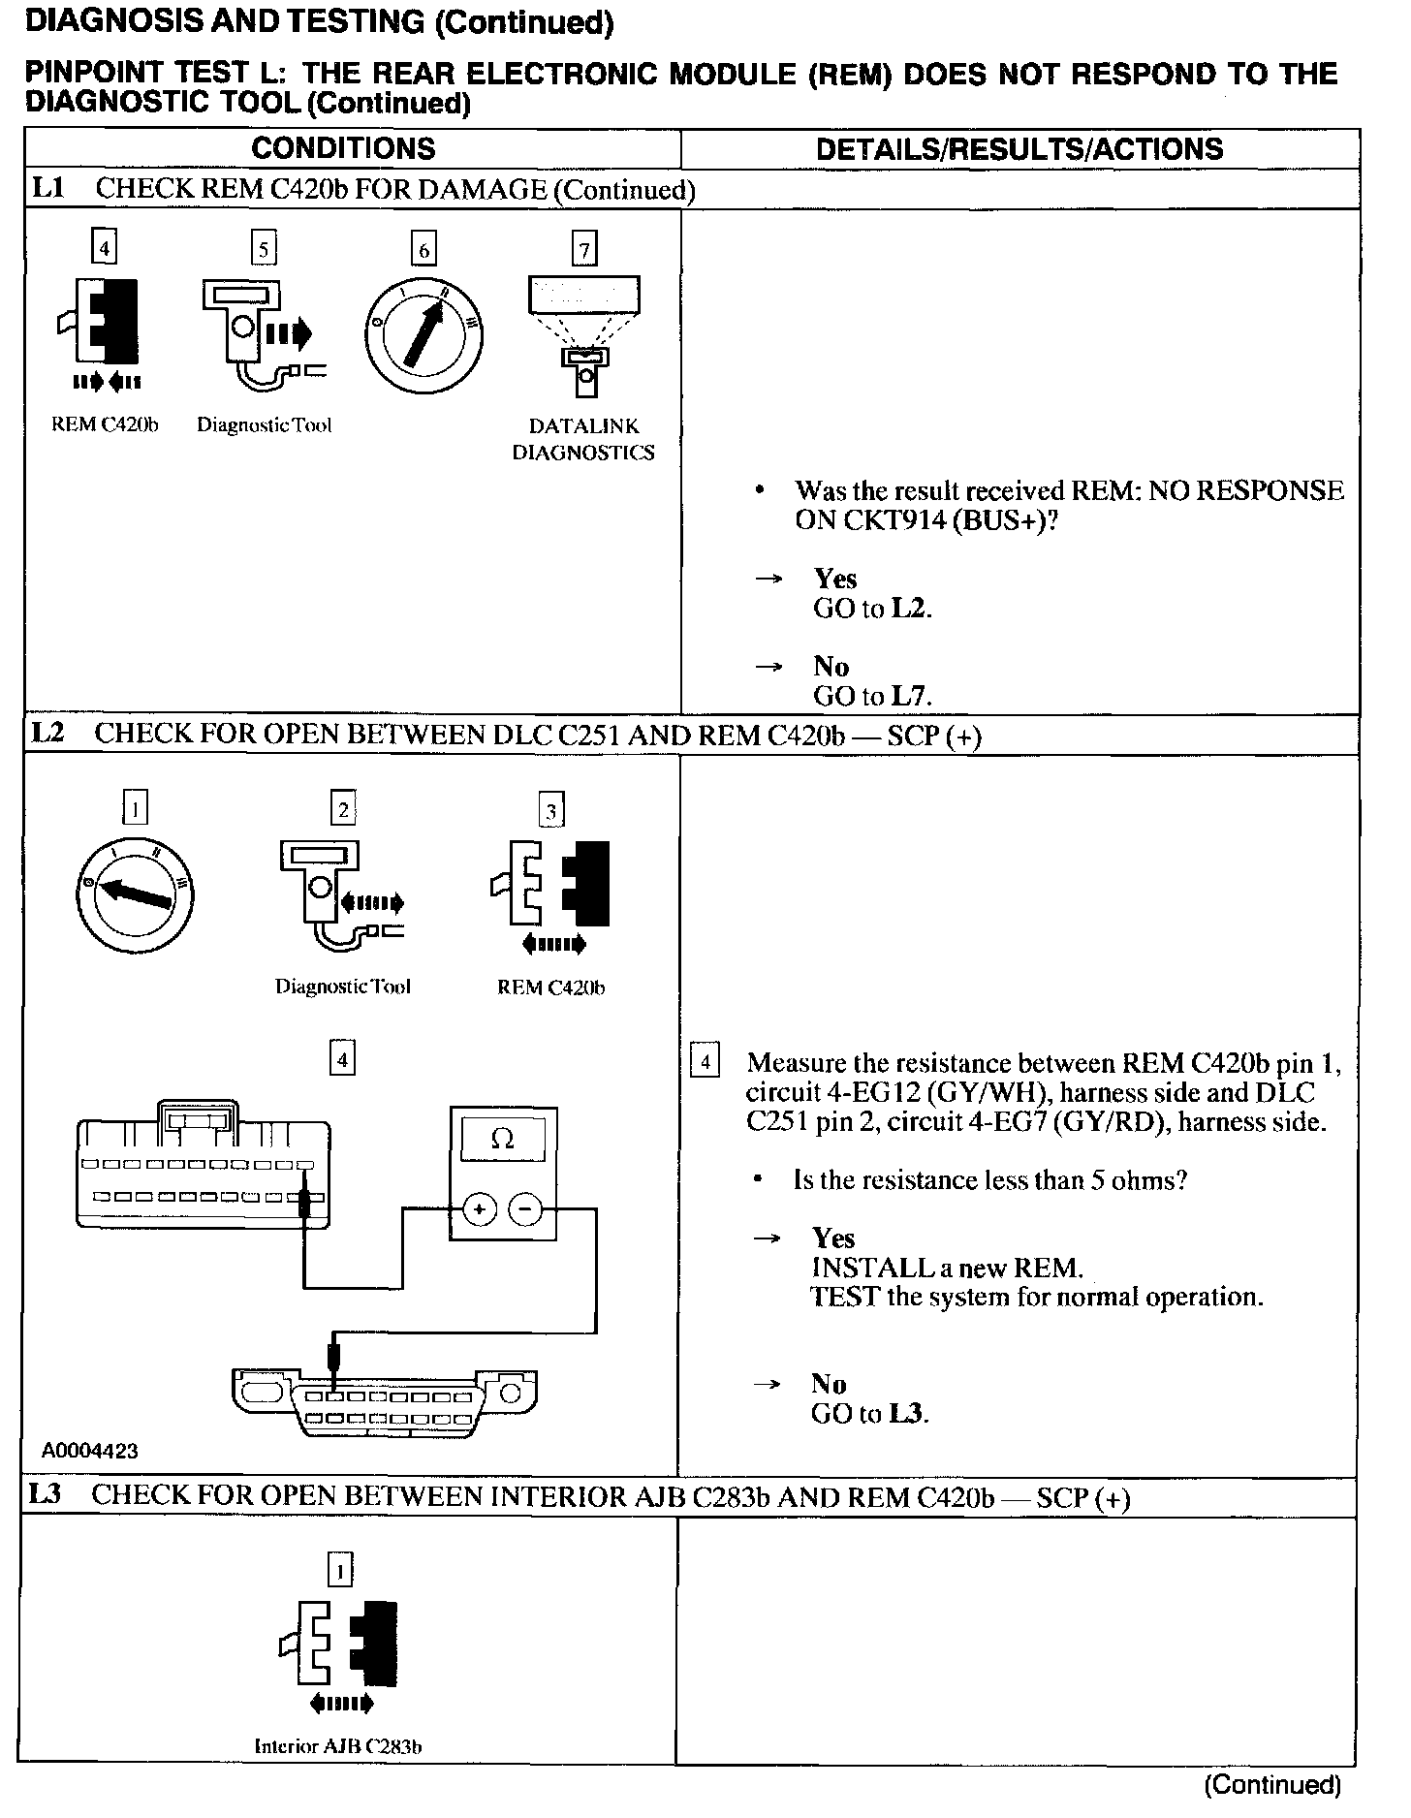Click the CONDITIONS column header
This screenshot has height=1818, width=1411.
(343, 148)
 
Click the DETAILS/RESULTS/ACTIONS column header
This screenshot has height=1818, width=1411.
(1019, 148)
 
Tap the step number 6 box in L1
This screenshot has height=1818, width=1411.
(423, 250)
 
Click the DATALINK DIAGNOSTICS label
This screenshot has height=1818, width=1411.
(583, 439)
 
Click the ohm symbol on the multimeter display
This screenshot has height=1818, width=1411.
(503, 1140)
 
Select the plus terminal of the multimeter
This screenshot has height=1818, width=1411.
(480, 1209)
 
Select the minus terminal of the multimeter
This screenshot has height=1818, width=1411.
(525, 1209)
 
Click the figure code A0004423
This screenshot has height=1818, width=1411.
(90, 1451)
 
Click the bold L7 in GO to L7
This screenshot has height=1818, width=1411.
(910, 696)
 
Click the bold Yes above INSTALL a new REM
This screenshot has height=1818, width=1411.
(833, 1238)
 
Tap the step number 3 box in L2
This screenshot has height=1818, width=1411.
(550, 810)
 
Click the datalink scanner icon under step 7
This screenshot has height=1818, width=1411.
(583, 334)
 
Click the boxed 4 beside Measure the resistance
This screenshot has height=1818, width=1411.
(705, 1063)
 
